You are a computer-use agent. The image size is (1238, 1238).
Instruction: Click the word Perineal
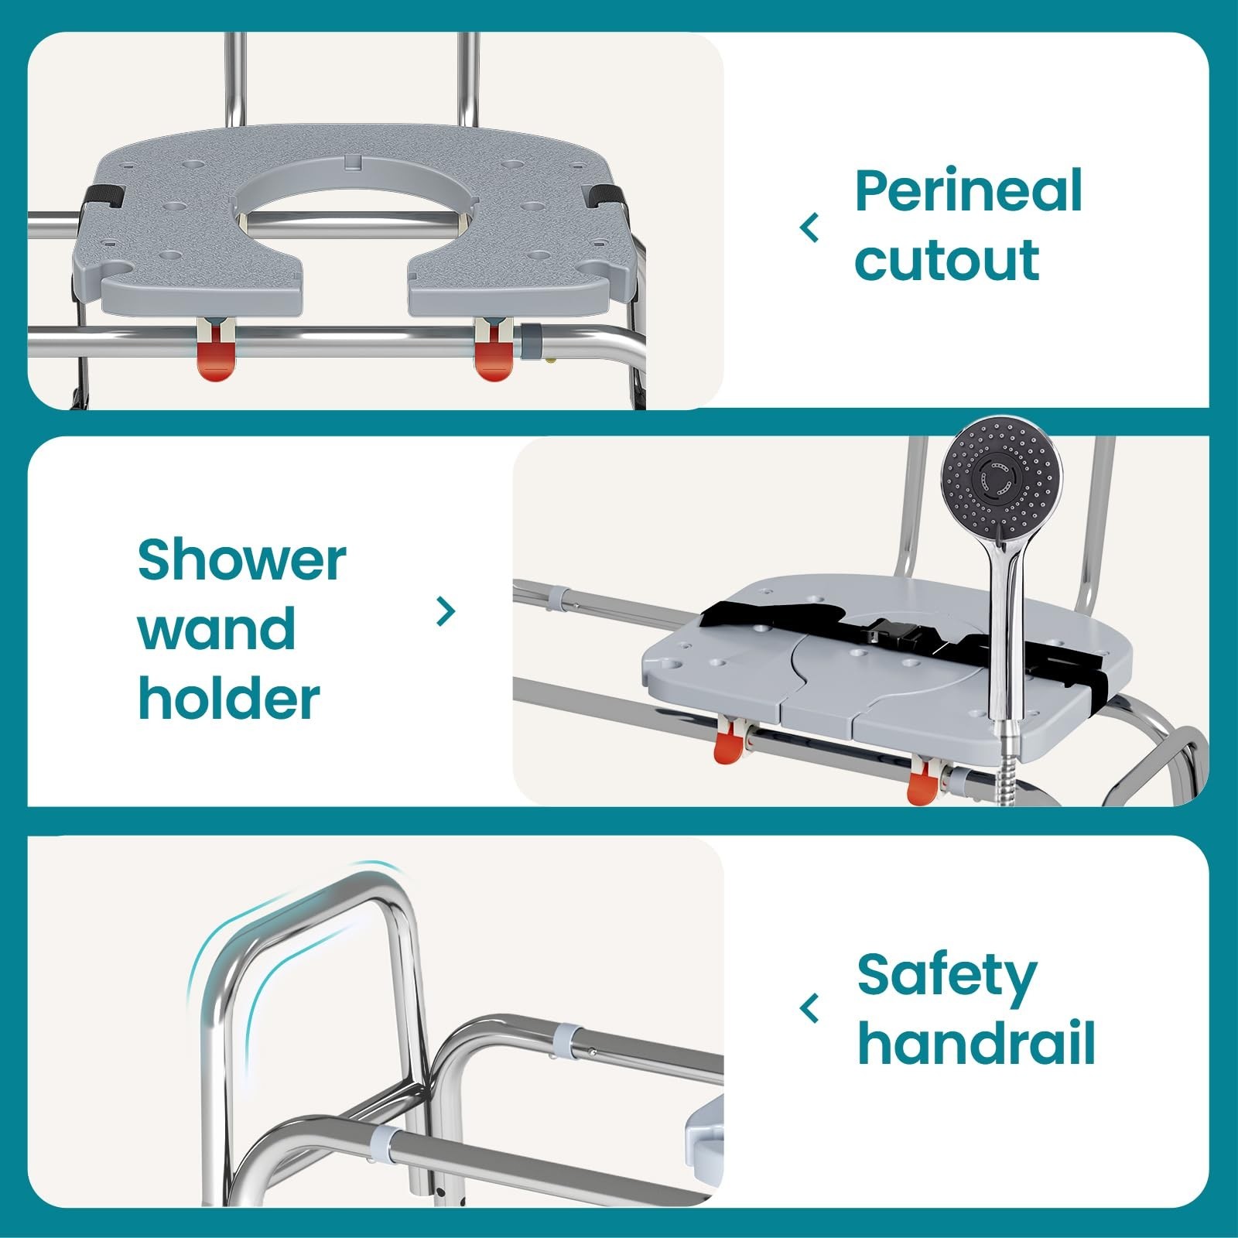coord(967,192)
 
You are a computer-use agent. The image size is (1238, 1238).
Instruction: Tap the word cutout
coord(946,260)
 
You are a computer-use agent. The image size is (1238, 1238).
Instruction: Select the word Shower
coord(241,559)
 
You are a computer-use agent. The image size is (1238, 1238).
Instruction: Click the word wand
coord(217,629)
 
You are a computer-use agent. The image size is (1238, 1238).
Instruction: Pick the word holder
coord(228,699)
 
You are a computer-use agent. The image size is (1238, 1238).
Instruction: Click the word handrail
coord(976,1044)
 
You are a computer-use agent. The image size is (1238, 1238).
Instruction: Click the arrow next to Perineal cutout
coord(810,228)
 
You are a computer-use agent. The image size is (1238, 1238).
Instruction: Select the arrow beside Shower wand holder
coord(446,612)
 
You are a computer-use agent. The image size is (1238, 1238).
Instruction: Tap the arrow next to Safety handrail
coord(810,1009)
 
